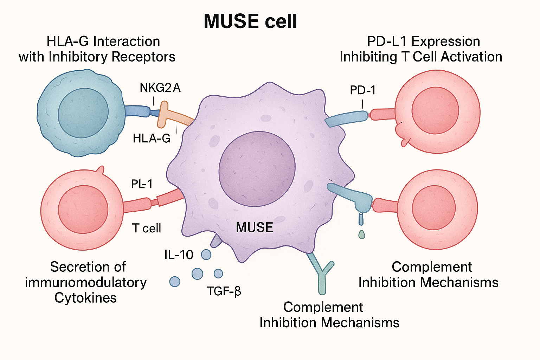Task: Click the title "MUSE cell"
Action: pyautogui.click(x=250, y=22)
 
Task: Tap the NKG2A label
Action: pyautogui.click(x=160, y=88)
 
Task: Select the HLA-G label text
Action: pyautogui.click(x=152, y=139)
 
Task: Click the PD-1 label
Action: pyautogui.click(x=362, y=91)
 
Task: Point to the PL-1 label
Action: pyautogui.click(x=142, y=184)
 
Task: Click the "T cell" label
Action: pyautogui.click(x=147, y=228)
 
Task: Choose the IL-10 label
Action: pyautogui.click(x=179, y=255)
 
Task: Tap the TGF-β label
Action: pyautogui.click(x=224, y=291)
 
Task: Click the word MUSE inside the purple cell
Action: pyautogui.click(x=254, y=227)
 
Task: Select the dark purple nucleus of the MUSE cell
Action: pyautogui.click(x=257, y=169)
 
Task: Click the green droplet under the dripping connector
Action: pyautogui.click(x=361, y=234)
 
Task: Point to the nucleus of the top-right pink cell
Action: pyautogui.click(x=435, y=110)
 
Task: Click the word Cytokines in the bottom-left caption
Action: pyautogui.click(x=85, y=298)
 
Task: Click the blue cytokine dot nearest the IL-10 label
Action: pyautogui.click(x=206, y=254)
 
